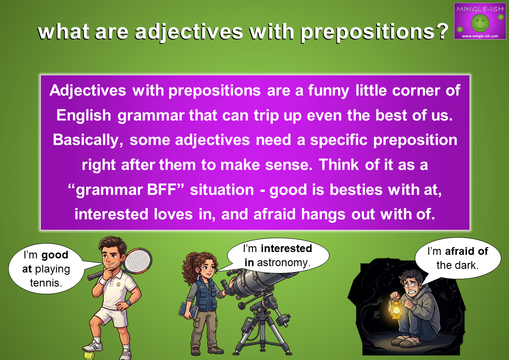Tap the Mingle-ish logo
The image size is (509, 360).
coord(480,21)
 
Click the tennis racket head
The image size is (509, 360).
coord(138,261)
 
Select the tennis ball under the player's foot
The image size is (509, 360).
coord(89,355)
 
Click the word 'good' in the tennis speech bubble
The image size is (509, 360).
coord(55,255)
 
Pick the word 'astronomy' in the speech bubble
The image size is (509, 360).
coord(282,262)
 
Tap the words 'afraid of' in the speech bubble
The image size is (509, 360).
coord(466,251)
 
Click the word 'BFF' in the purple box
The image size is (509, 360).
coord(165,190)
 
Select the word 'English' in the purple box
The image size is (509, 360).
coord(84,115)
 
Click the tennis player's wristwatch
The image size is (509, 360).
coord(128,302)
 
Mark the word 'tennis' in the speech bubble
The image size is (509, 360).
coord(46,283)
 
